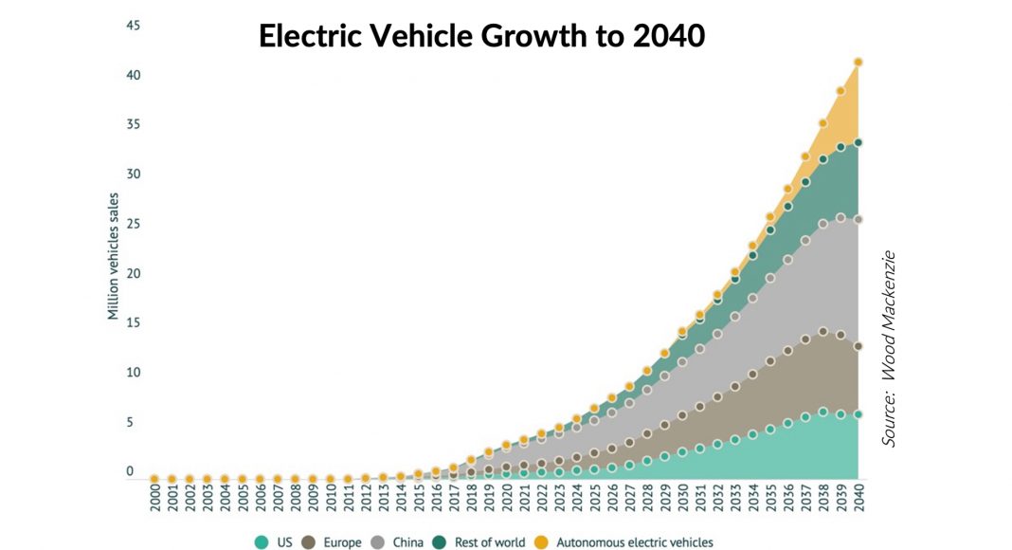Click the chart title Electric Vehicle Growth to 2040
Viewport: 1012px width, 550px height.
click(x=481, y=36)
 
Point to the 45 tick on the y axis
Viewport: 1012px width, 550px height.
click(x=134, y=26)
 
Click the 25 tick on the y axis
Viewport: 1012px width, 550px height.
click(x=134, y=224)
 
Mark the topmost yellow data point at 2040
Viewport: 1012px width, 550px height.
click(x=858, y=63)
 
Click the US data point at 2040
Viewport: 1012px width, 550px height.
click(x=858, y=414)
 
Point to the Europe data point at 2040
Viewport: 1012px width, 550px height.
click(x=858, y=347)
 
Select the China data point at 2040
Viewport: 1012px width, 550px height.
click(x=858, y=220)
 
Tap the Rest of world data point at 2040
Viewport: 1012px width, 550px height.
click(x=858, y=143)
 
